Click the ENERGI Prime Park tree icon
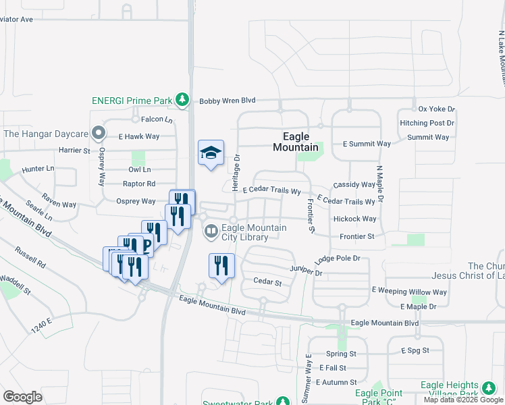click(x=182, y=101)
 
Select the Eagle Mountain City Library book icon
click(x=211, y=232)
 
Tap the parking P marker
click(x=147, y=244)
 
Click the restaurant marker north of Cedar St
click(x=221, y=265)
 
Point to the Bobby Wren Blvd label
click(x=228, y=101)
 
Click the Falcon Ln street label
click(x=157, y=119)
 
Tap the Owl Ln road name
click(x=139, y=169)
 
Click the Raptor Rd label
click(x=139, y=184)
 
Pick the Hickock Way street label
click(x=354, y=219)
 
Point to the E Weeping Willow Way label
click(x=410, y=292)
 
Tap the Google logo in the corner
click(x=22, y=397)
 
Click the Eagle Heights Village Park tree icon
click(x=487, y=388)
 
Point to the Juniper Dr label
click(x=306, y=273)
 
